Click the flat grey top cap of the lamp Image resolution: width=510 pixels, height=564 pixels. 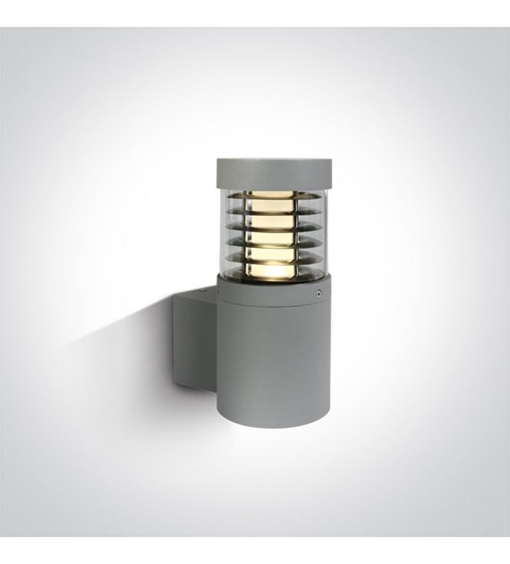click(x=273, y=167)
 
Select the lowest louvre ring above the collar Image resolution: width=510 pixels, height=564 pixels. click(x=273, y=262)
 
